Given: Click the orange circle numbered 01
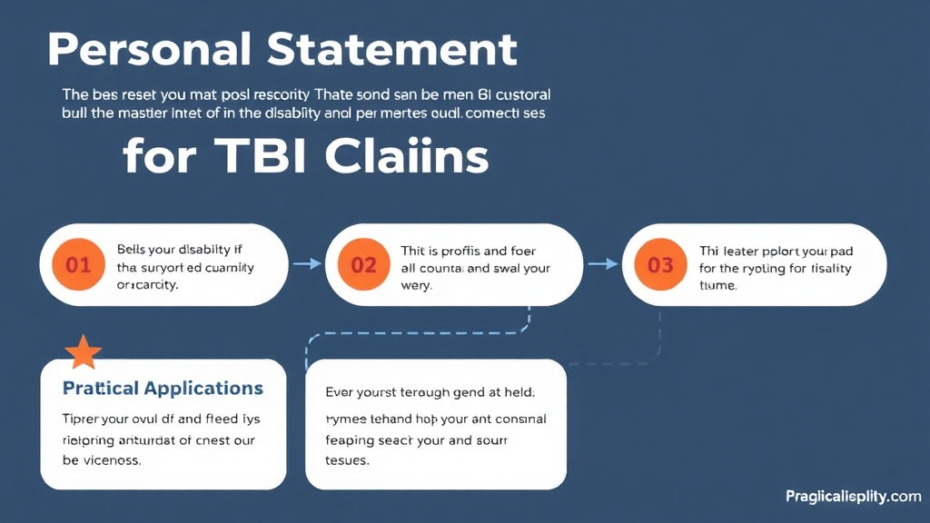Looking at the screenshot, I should (x=79, y=265).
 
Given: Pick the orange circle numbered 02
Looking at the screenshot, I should (x=363, y=265).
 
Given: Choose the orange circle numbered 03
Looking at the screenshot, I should (x=660, y=265).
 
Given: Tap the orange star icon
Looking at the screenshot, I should (x=83, y=352).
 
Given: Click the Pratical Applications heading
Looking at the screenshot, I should (x=163, y=389).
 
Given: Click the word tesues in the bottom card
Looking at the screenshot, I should (x=347, y=459).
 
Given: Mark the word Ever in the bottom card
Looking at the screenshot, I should (x=341, y=393).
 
